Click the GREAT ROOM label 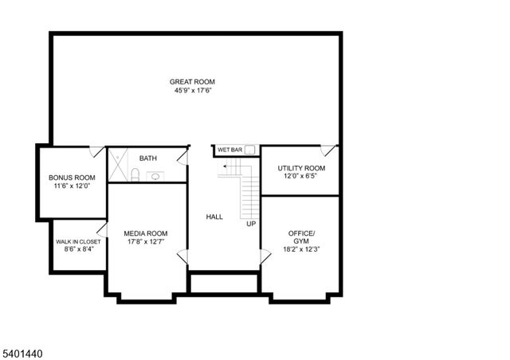point(192,81)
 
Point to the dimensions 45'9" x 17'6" point(192,91)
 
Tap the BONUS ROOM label point(72,178)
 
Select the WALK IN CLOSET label point(78,241)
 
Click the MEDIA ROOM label point(146,233)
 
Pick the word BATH point(147,158)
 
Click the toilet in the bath point(135,175)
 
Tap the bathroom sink point(154,177)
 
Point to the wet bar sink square point(249,149)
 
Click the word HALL point(214,217)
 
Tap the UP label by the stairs point(251,224)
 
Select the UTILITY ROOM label point(301,168)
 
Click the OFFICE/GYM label point(301,237)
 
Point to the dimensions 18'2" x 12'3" point(301,249)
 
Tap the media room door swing point(182,257)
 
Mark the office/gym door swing point(265,257)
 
